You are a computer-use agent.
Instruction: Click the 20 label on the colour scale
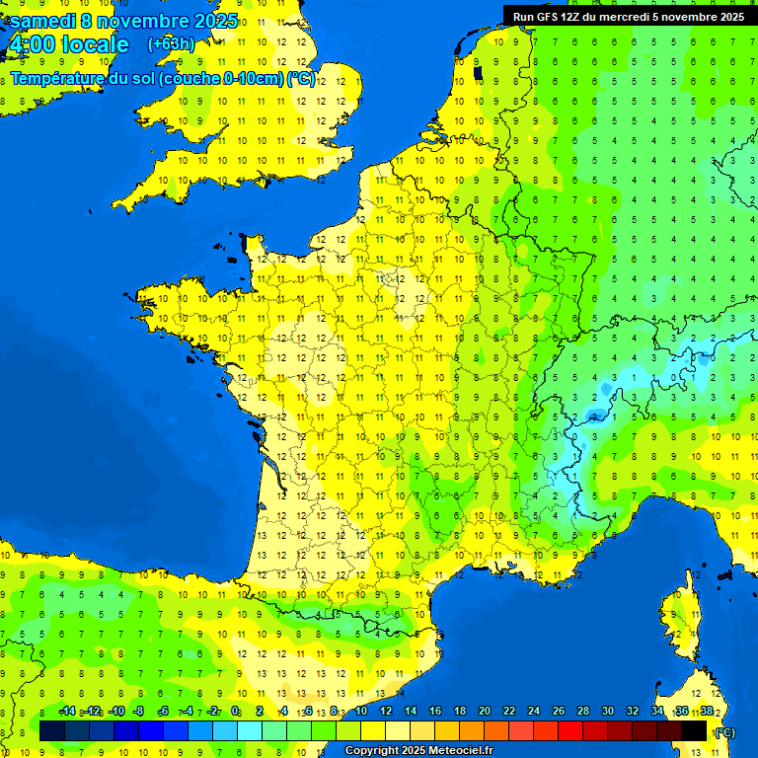(x=485, y=711)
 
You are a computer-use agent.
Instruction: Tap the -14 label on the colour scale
(x=68, y=711)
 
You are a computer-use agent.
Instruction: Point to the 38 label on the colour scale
(x=707, y=711)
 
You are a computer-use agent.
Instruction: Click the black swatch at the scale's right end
(x=694, y=730)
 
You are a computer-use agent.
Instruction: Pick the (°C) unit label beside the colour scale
(x=724, y=732)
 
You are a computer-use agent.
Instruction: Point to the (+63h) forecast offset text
(x=171, y=44)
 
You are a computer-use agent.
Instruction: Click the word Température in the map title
(x=58, y=79)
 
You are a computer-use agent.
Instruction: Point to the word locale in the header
(x=95, y=44)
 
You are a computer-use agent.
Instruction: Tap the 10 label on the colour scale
(x=361, y=711)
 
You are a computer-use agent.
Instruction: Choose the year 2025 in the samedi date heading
(x=213, y=21)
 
